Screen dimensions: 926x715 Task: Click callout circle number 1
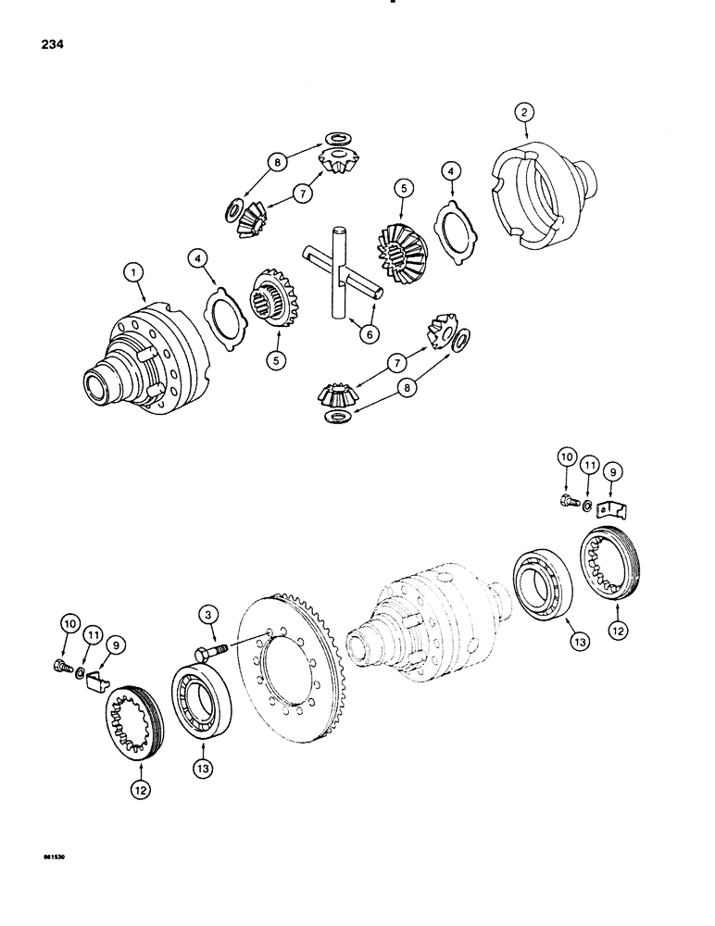(136, 272)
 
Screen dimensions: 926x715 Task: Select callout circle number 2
(525, 113)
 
